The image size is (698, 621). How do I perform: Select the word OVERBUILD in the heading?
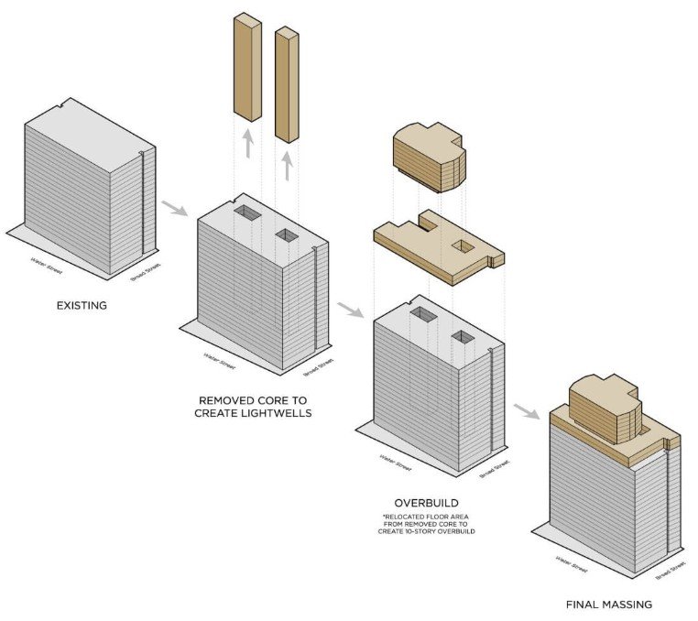click(x=427, y=504)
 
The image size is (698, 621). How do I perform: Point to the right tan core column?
click(x=288, y=84)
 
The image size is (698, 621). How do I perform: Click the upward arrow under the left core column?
click(x=247, y=143)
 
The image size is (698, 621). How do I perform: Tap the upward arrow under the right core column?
click(x=288, y=165)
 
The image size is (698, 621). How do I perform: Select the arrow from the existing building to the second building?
click(x=174, y=208)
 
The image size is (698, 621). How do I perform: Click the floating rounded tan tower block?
click(x=429, y=158)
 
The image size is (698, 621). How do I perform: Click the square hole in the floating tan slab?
click(x=462, y=245)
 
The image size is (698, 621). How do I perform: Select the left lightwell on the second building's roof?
click(x=246, y=213)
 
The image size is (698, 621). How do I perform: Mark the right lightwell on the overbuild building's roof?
click(x=463, y=338)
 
